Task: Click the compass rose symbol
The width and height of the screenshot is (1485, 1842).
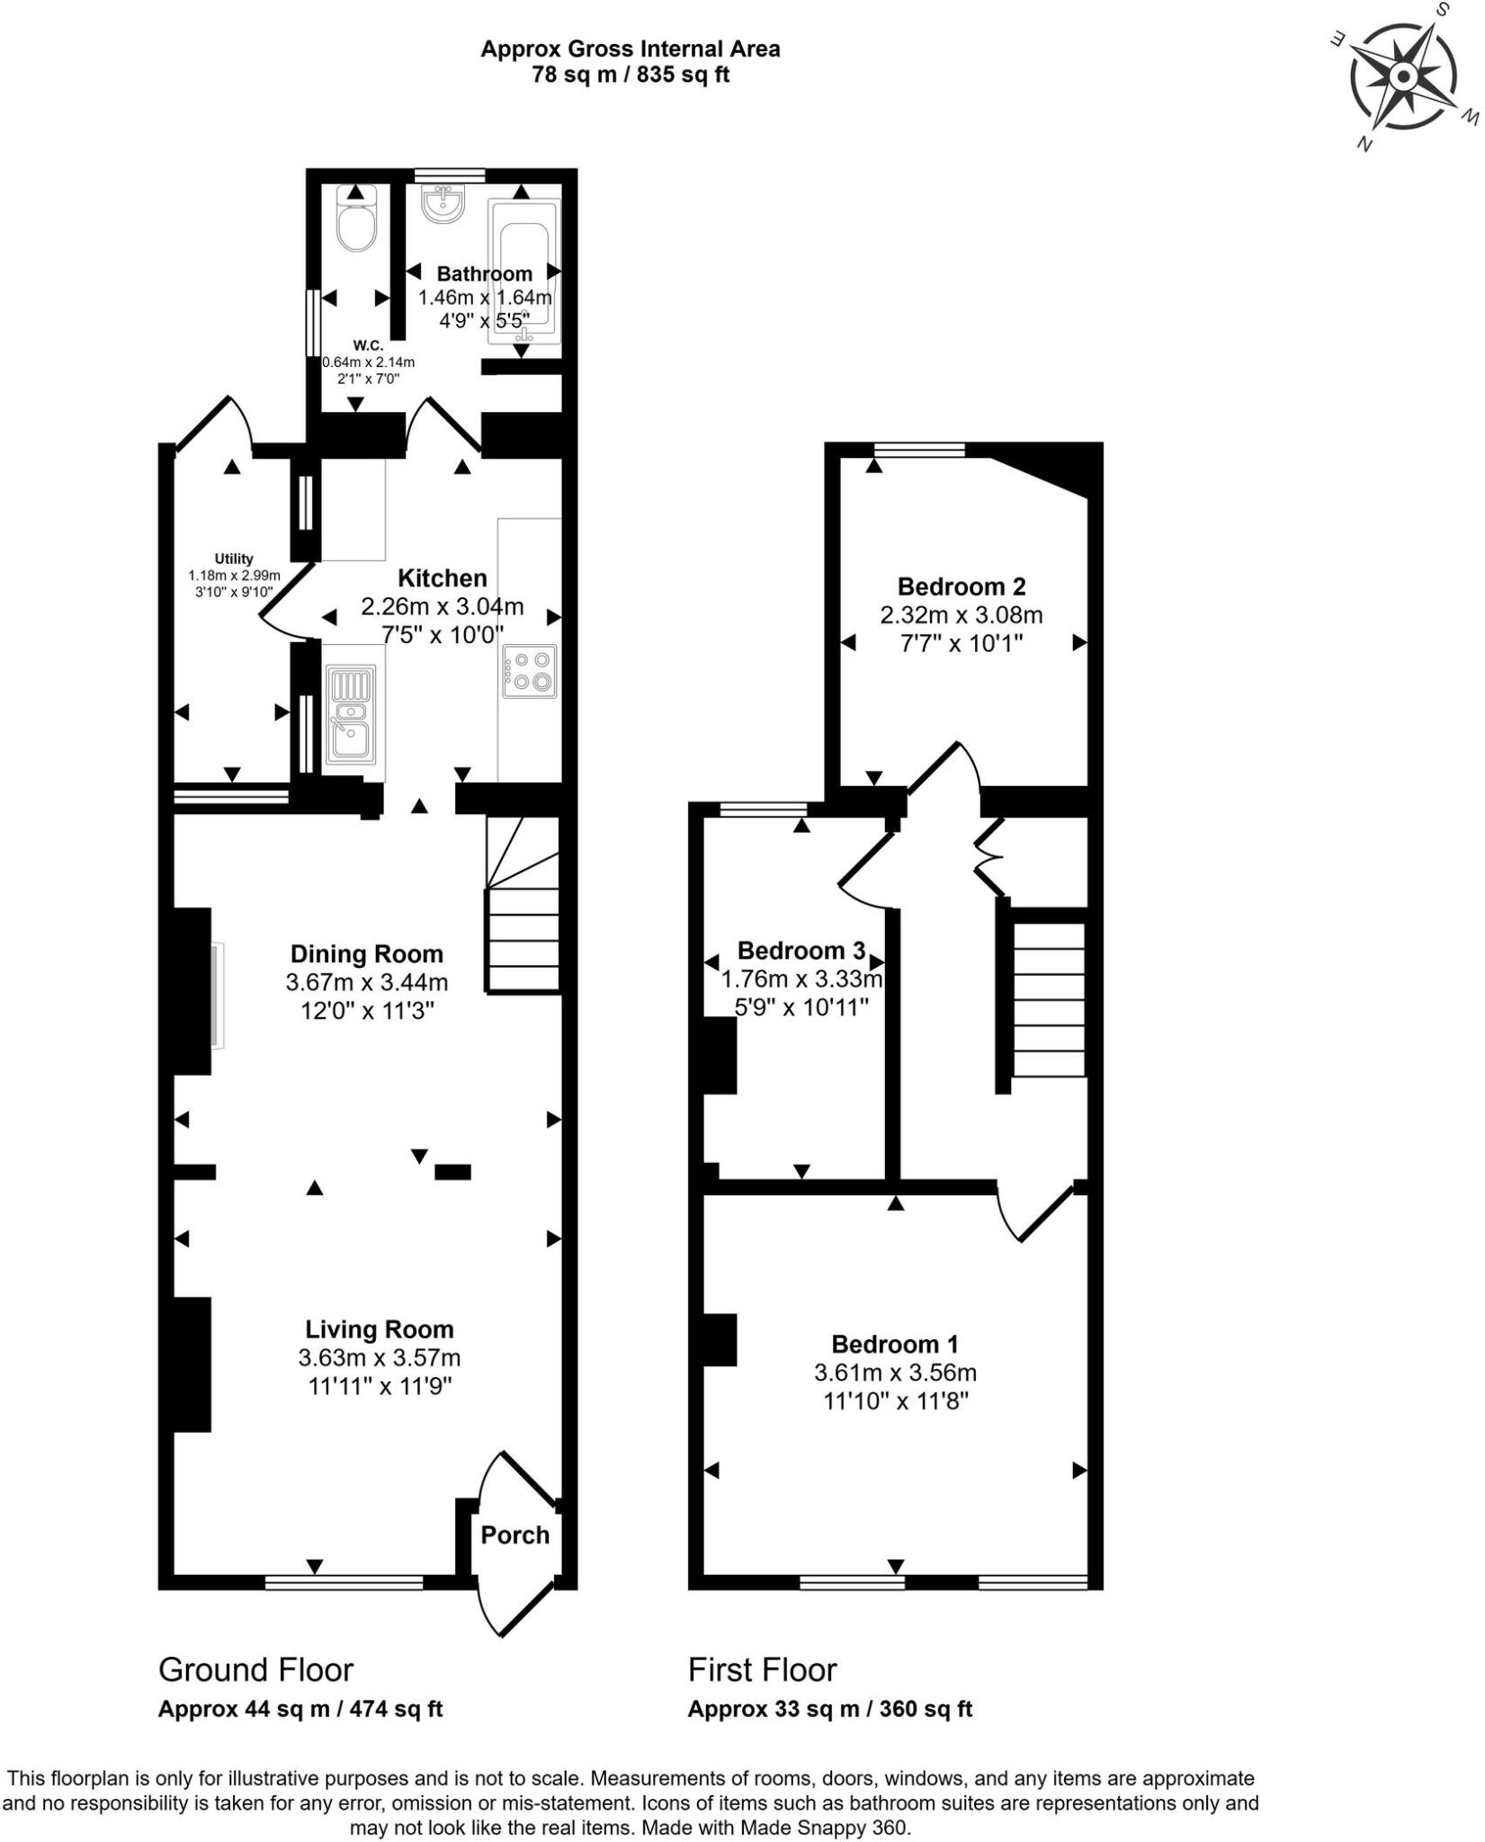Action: (x=1402, y=77)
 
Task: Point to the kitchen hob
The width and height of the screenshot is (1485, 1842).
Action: (x=531, y=672)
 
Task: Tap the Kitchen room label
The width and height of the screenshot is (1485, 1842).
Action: (x=443, y=578)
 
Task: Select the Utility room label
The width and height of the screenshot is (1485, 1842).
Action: (x=234, y=559)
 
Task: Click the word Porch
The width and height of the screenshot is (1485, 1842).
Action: (x=514, y=1534)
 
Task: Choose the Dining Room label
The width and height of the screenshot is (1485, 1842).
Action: (x=367, y=953)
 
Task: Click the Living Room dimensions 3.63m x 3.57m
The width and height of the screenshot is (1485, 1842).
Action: (x=380, y=1357)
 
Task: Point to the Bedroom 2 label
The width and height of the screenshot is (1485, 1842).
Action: (x=962, y=586)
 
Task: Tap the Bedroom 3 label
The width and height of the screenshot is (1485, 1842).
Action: (x=801, y=950)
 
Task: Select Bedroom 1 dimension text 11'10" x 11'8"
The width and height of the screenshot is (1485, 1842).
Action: (x=896, y=1401)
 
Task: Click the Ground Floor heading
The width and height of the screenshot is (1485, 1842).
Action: (x=256, y=1669)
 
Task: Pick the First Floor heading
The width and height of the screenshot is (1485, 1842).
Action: (x=763, y=1669)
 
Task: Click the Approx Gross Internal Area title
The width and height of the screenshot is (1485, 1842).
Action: (x=631, y=49)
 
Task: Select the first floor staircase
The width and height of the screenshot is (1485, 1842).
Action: (x=1050, y=998)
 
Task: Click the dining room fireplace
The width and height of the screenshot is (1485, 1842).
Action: (x=193, y=990)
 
